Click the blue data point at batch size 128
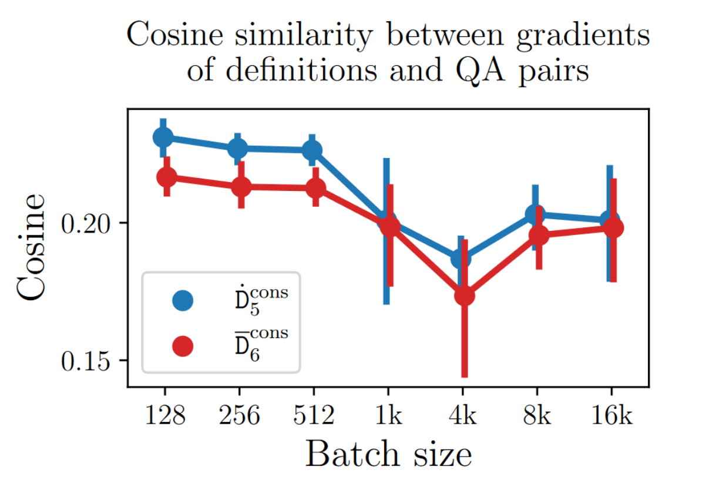coord(163,137)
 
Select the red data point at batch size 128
coord(167,177)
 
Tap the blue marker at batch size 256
coord(238,148)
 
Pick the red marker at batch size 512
coord(316,188)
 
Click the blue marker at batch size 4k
coord(461,258)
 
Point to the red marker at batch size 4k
coord(465,296)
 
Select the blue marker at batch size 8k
coord(535,214)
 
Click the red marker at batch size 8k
coord(539,235)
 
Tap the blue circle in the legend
coord(182,301)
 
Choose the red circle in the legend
coord(182,345)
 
